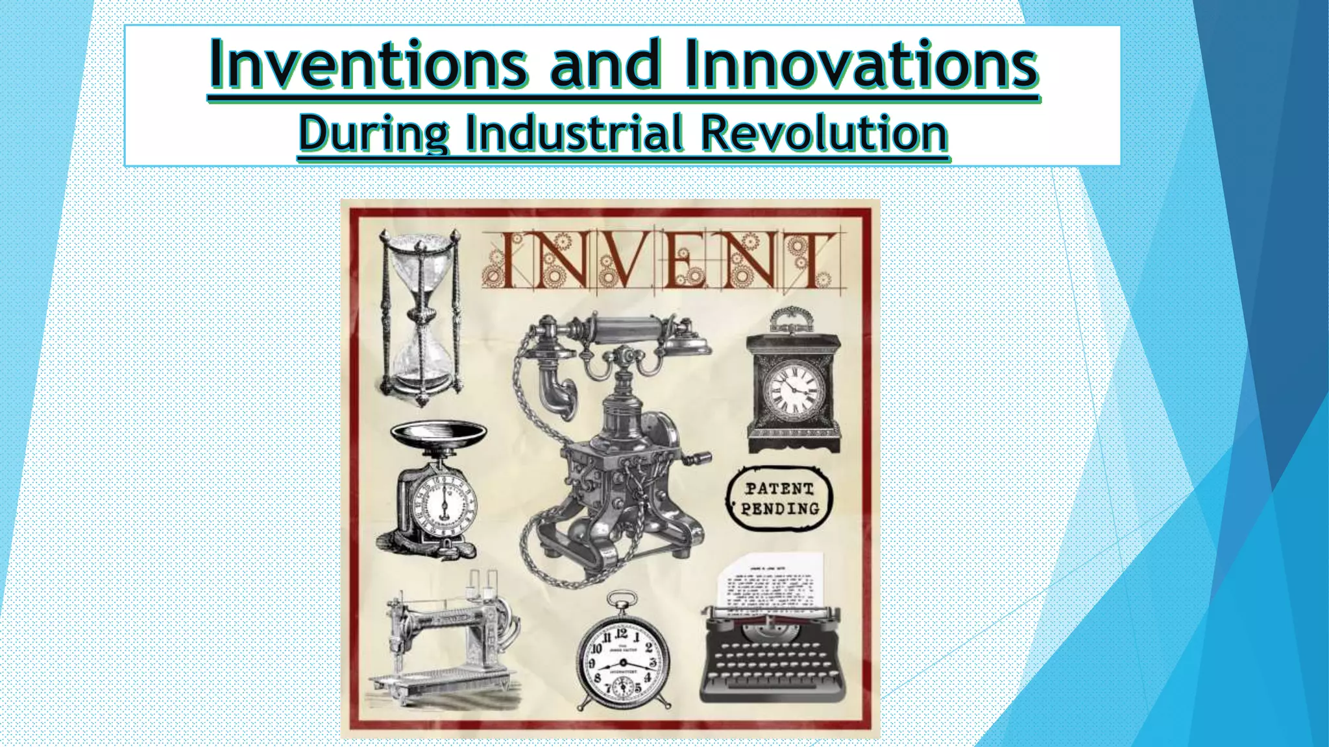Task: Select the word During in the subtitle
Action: [x=373, y=133]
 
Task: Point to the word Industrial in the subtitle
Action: [x=574, y=133]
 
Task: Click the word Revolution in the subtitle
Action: [x=824, y=133]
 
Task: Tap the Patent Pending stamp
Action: [x=779, y=499]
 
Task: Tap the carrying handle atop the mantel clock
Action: [x=791, y=318]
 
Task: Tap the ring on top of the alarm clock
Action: [x=622, y=599]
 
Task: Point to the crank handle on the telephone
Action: [x=698, y=458]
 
